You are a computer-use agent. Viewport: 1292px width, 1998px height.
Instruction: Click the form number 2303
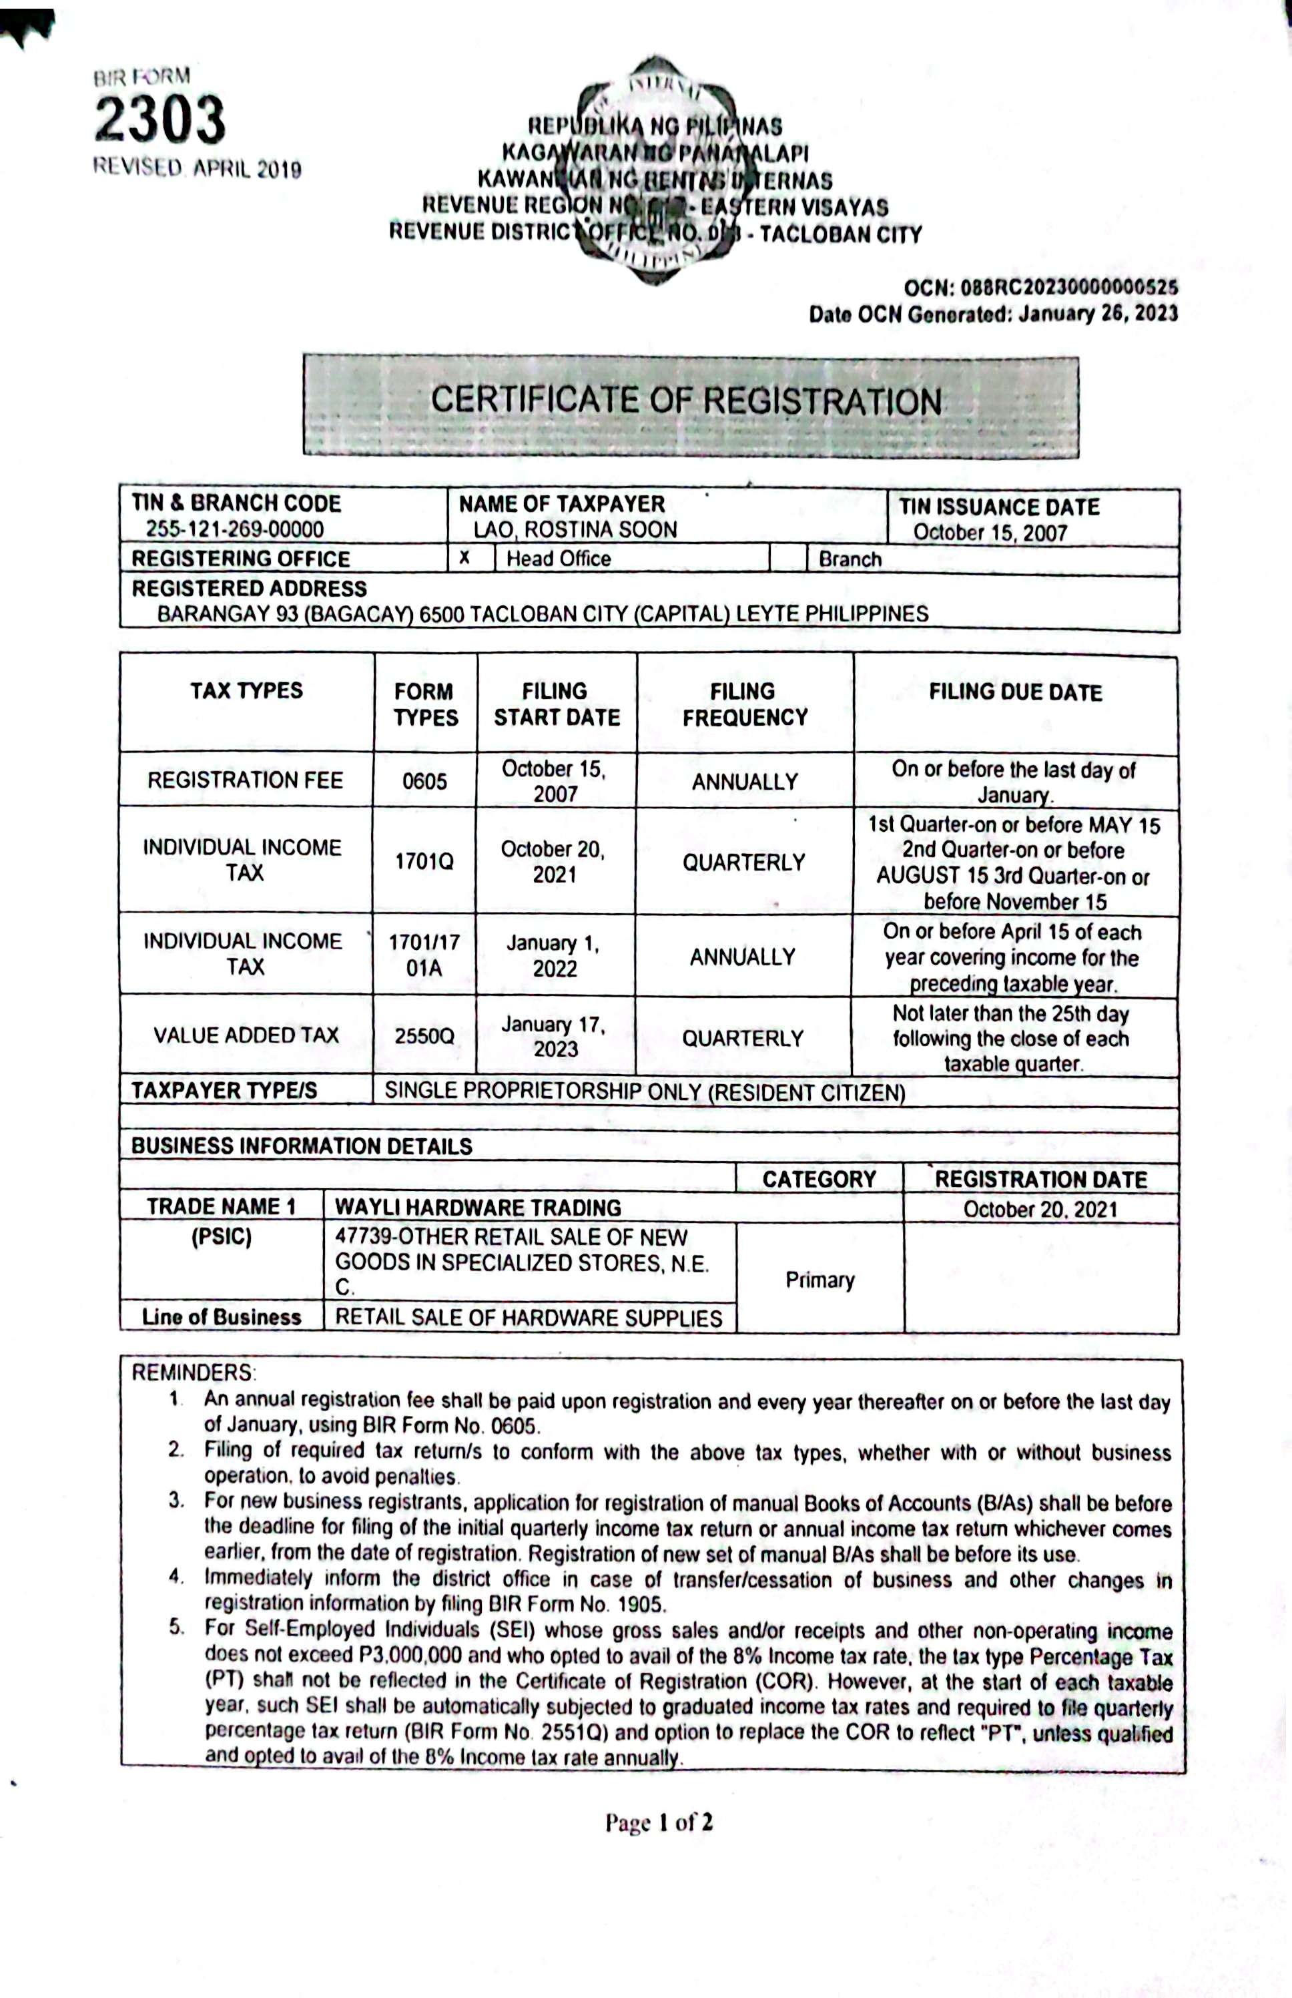[159, 119]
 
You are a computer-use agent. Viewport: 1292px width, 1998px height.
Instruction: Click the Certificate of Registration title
[686, 401]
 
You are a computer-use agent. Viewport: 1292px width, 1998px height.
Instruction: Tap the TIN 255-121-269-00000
[234, 529]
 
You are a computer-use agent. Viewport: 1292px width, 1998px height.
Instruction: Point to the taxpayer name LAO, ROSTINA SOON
[575, 530]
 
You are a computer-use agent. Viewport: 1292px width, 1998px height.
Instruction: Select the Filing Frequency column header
[744, 704]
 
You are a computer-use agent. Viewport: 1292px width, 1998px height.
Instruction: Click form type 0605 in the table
[424, 781]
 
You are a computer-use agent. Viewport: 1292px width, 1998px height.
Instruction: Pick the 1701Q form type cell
[424, 862]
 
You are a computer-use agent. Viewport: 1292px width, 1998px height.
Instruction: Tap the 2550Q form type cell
[424, 1036]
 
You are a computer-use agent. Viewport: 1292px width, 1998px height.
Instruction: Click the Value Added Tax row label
[246, 1035]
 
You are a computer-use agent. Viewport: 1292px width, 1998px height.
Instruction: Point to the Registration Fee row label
[245, 780]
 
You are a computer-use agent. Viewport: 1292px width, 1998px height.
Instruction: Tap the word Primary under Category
[820, 1280]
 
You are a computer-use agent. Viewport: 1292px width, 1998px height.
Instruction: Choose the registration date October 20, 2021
[1040, 1209]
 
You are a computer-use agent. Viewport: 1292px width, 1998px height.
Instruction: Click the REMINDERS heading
[193, 1373]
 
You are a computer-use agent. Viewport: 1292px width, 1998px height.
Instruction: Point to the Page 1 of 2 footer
[659, 1822]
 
